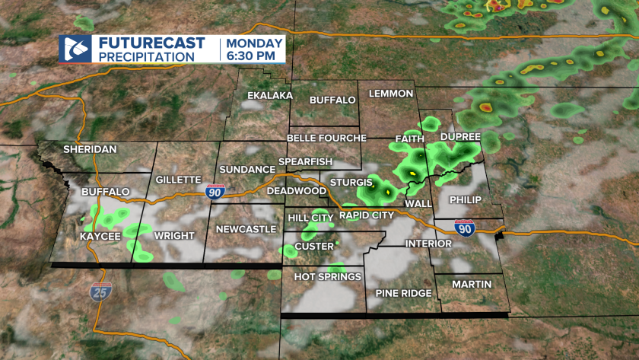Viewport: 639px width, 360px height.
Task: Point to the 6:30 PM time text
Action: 253,56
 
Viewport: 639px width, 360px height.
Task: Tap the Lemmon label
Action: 390,94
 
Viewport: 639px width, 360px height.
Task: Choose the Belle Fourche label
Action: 326,138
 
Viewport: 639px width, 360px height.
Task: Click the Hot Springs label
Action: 328,277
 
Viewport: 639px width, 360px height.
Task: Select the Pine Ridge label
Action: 403,293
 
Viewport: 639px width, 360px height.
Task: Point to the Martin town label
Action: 471,284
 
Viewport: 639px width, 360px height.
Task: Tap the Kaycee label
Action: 100,237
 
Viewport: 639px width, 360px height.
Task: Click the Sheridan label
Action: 90,149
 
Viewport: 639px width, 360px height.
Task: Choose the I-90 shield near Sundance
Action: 214,193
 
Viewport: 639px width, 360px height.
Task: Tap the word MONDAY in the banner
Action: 254,43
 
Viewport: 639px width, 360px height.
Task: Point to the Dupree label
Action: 460,136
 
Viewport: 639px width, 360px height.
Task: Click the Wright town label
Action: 174,236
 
